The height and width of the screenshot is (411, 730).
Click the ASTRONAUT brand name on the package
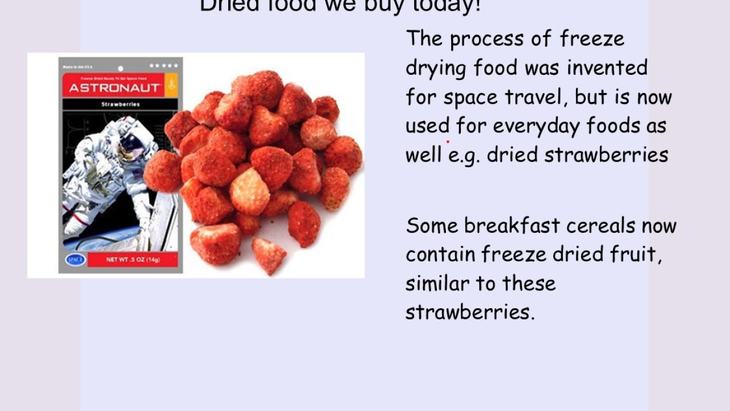115,88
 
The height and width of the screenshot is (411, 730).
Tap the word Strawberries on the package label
120,104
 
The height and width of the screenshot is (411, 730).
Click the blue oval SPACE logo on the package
75,260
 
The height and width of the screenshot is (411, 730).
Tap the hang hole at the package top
120,68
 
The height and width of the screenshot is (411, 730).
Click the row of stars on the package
164,66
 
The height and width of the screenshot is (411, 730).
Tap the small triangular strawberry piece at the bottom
269,254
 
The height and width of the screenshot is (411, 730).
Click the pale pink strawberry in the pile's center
249,192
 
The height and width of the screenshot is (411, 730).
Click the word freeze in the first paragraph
592,39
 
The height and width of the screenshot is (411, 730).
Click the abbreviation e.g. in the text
464,155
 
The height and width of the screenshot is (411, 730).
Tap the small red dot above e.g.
448,142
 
